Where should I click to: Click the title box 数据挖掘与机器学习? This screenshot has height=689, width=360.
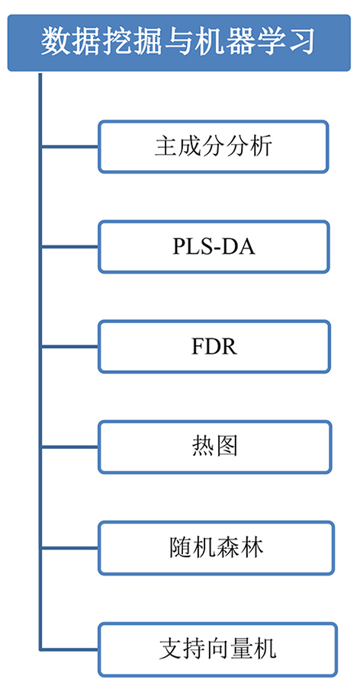click(179, 43)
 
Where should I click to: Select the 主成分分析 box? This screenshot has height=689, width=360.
click(214, 146)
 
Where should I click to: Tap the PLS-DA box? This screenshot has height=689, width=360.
click(214, 246)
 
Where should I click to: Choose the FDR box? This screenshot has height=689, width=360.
click(214, 347)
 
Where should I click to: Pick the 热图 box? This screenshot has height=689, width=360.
click(214, 447)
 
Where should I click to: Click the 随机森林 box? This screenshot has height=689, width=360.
click(216, 547)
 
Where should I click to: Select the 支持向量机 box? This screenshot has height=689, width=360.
click(217, 649)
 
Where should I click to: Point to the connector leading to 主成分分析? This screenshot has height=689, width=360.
click(69, 146)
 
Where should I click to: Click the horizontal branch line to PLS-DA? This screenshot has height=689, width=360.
click(69, 246)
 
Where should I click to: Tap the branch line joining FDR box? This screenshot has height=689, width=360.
click(69, 347)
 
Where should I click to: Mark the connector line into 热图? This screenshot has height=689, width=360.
click(69, 447)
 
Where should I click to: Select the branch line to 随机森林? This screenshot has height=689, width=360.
click(69, 547)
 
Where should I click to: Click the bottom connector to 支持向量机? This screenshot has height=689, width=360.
click(69, 649)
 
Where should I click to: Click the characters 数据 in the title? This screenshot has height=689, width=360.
click(68, 43)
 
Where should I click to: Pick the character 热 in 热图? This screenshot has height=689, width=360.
click(203, 447)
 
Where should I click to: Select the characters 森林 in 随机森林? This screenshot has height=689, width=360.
click(240, 547)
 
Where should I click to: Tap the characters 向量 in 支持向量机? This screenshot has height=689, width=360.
click(230, 649)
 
